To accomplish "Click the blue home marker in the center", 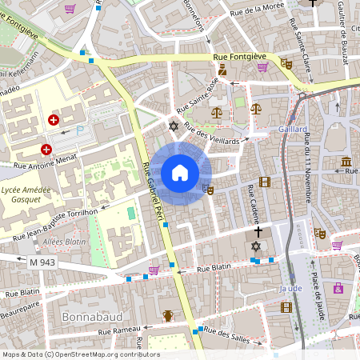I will tap(179, 173).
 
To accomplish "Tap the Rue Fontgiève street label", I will tap(240, 57).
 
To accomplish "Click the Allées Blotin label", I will tap(64, 241).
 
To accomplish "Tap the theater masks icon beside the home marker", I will tap(208, 190).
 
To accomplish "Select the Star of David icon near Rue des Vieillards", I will tap(172, 126).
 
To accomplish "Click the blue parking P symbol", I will tap(79, 131).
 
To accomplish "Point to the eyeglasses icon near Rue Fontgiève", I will tap(286, 63).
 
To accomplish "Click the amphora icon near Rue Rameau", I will tap(168, 315).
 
